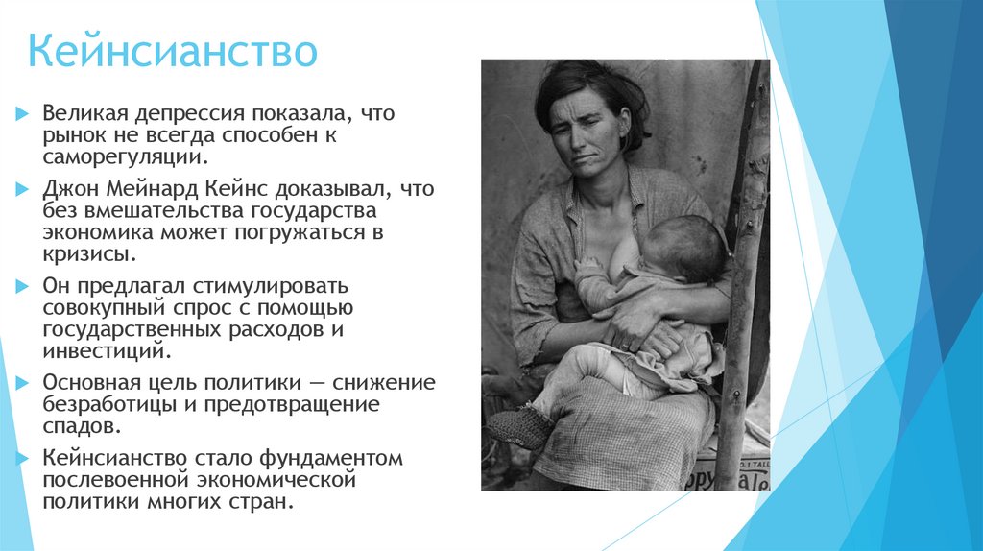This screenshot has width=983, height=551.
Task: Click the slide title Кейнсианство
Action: pyautogui.click(x=171, y=52)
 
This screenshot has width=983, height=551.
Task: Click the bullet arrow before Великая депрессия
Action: pyautogui.click(x=23, y=114)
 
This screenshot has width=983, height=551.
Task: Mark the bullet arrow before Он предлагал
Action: pyautogui.click(x=23, y=287)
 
